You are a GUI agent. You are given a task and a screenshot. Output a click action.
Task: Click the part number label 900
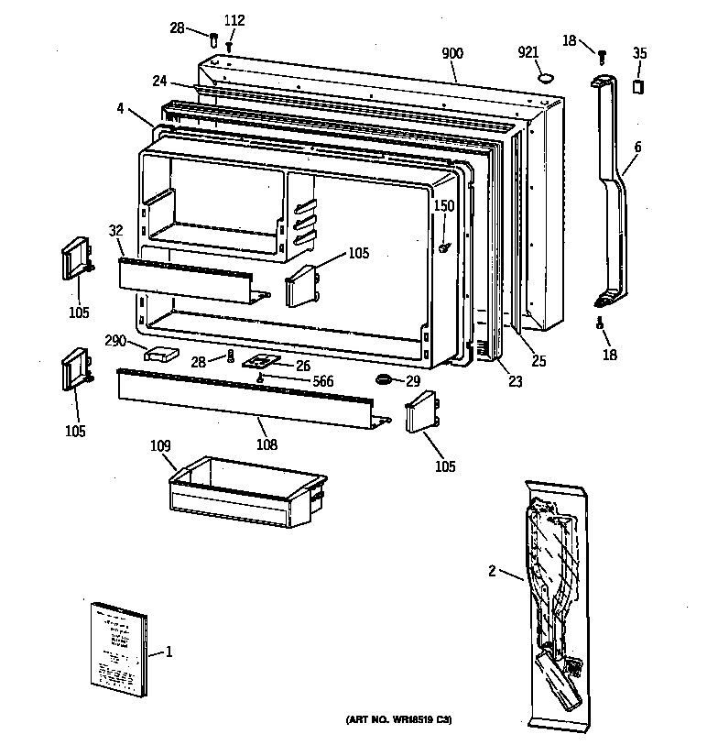click(452, 54)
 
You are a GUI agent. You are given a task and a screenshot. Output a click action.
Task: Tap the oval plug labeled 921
click(548, 79)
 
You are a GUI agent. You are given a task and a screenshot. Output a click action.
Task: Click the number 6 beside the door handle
click(637, 147)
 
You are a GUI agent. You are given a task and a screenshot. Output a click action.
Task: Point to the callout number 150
click(443, 206)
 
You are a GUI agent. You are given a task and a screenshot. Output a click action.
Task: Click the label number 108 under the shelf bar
click(267, 445)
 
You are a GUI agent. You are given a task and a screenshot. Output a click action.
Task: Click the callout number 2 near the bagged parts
click(492, 572)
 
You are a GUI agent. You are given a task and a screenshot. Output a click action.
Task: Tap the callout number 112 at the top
click(234, 20)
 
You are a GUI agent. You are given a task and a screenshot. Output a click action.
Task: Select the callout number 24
click(158, 80)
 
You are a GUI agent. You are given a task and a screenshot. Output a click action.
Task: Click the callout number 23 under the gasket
click(516, 381)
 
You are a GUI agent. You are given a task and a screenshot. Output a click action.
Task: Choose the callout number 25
click(538, 361)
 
